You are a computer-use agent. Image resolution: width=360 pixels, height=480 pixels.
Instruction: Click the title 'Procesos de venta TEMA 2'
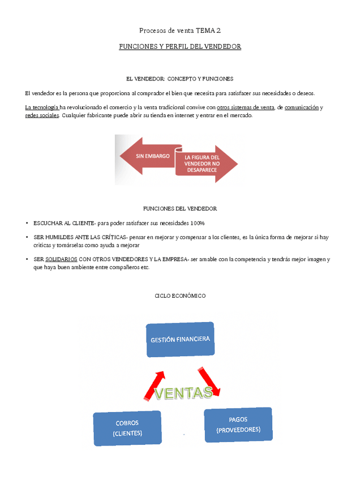(x=179, y=30)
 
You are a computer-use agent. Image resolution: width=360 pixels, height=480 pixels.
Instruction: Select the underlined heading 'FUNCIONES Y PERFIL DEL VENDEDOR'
(x=180, y=46)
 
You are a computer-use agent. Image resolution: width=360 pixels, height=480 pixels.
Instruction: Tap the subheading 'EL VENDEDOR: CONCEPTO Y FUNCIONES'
(x=179, y=79)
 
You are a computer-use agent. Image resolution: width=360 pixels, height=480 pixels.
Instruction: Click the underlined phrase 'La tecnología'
(x=42, y=107)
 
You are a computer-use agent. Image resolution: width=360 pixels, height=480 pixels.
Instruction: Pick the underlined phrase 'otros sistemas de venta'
(x=245, y=107)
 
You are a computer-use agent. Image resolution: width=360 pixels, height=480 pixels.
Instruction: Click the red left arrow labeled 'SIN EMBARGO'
(x=148, y=156)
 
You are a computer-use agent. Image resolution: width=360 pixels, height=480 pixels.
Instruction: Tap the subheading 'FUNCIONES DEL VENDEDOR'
(x=179, y=208)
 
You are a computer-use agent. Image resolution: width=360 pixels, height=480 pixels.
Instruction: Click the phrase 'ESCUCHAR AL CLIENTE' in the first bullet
(x=63, y=223)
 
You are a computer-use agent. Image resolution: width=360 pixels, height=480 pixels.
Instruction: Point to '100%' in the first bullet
(x=198, y=223)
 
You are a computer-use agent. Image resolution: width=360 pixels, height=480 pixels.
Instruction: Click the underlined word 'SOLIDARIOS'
(x=61, y=259)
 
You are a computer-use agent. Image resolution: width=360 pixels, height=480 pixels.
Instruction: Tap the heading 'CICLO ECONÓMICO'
(x=180, y=295)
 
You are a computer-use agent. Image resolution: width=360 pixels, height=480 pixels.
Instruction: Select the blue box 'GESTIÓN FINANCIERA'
(x=180, y=340)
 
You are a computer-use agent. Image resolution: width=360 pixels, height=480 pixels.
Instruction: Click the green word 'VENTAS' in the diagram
(x=183, y=392)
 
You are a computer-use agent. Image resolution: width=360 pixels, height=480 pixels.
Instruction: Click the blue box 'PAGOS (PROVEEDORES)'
(x=238, y=425)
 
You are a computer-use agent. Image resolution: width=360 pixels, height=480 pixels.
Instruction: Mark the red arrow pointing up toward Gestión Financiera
(x=156, y=384)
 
